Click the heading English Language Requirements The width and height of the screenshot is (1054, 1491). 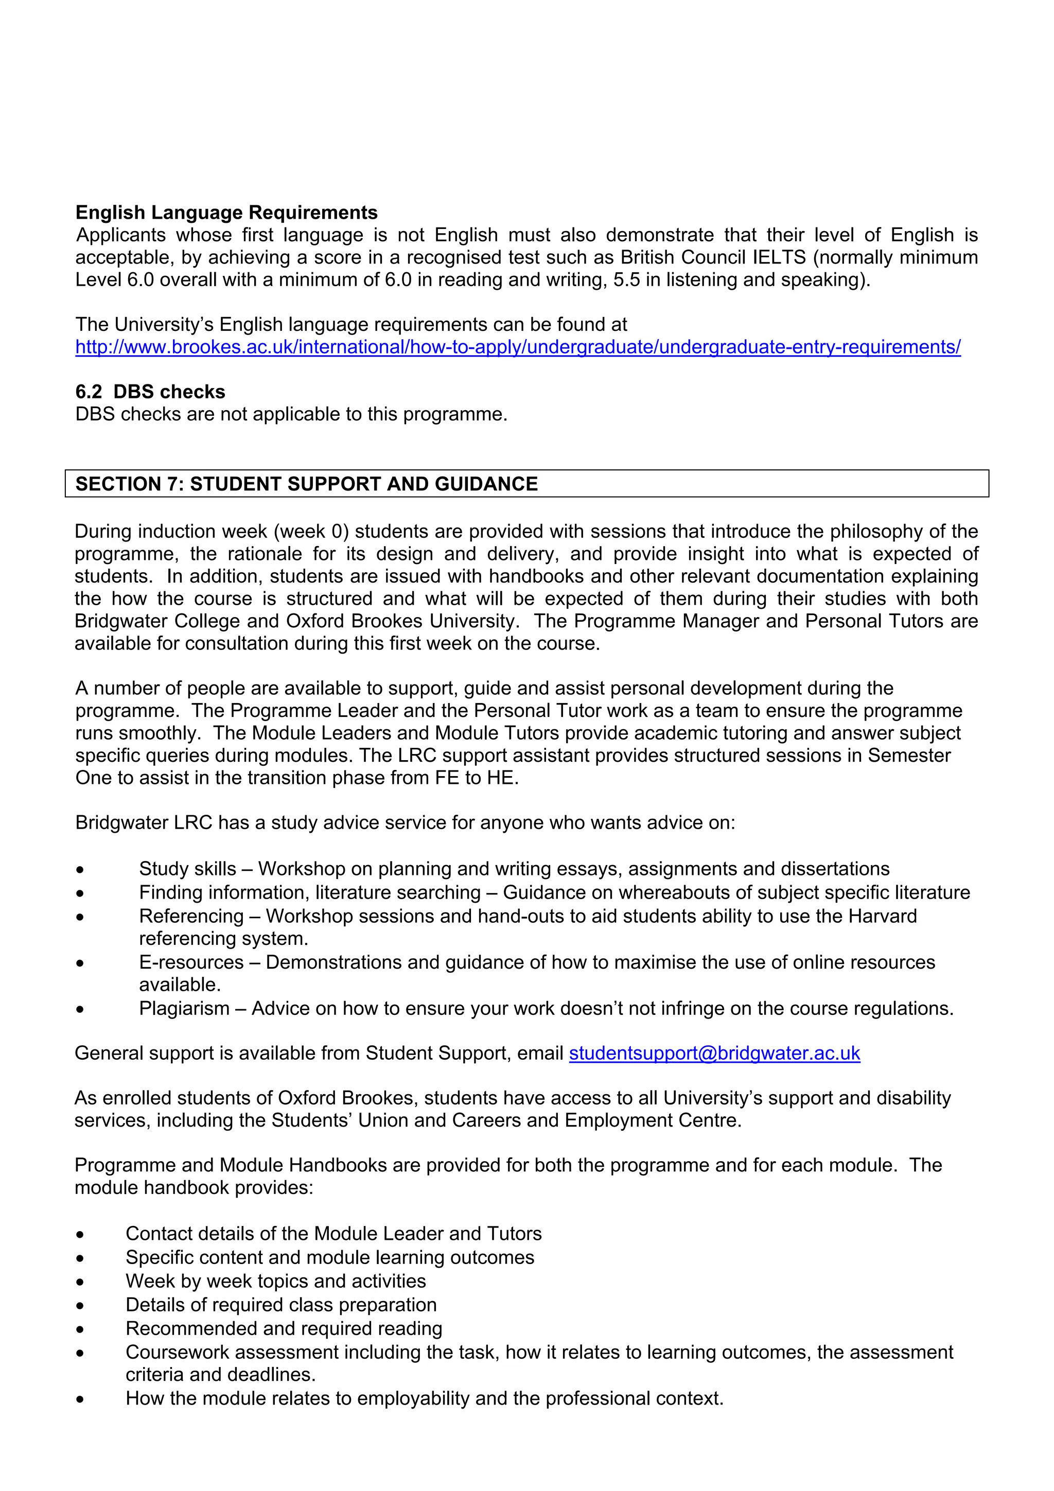point(226,213)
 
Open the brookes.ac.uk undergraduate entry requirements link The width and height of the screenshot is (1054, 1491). point(518,347)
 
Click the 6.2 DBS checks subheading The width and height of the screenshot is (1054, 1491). point(150,392)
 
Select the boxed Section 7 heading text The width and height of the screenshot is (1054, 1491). point(307,484)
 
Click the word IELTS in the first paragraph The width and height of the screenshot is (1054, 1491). point(779,257)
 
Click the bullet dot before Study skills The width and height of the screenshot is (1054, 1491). point(79,869)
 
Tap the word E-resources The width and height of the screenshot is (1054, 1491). point(191,962)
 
